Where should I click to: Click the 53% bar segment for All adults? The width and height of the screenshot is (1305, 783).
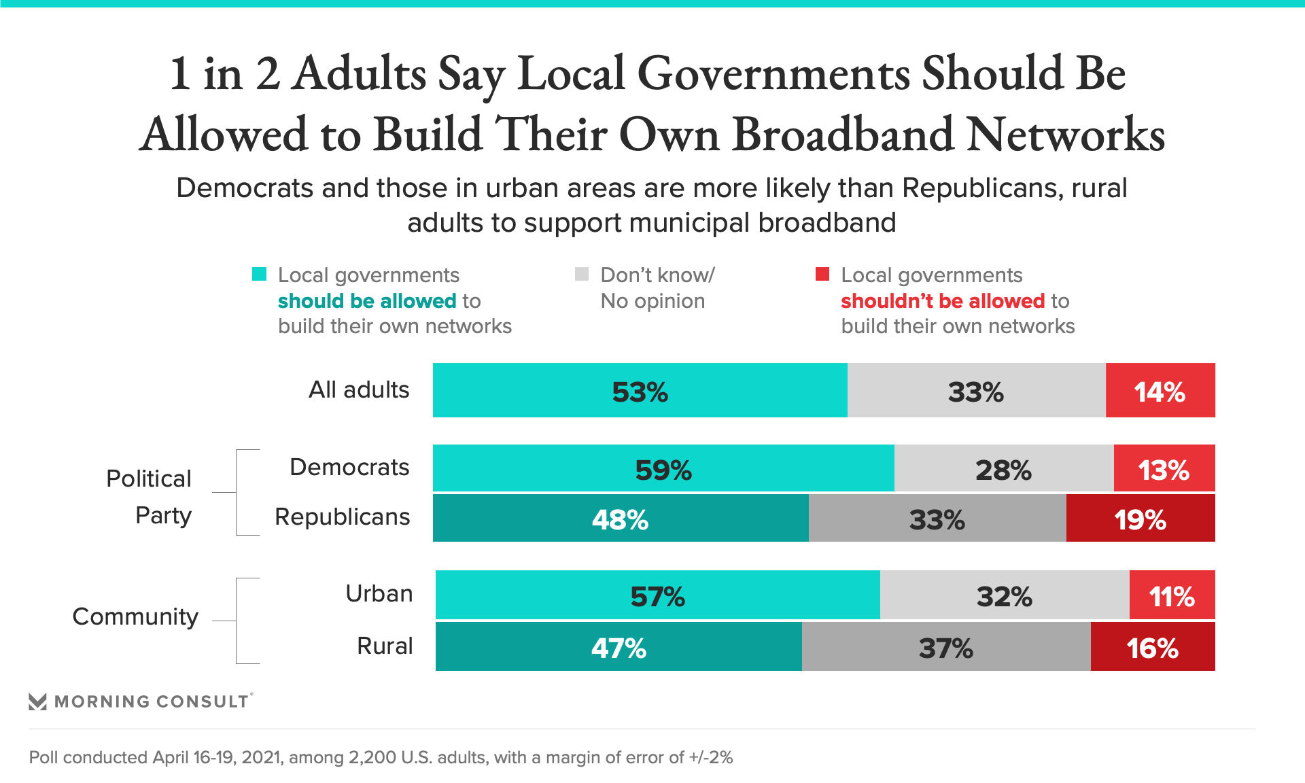[640, 390]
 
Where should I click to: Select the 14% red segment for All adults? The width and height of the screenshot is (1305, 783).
[1160, 390]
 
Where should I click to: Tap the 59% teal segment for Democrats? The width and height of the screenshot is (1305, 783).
[663, 468]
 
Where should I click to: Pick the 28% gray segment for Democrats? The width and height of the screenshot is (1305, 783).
[1003, 468]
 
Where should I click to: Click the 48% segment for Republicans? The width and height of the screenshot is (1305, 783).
[620, 519]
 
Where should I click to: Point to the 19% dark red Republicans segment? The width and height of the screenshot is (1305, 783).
[1140, 519]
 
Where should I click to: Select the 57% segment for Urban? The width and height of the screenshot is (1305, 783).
[657, 595]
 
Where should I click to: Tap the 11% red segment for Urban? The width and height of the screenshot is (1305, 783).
[1172, 595]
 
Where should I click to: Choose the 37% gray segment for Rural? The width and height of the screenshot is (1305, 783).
[945, 647]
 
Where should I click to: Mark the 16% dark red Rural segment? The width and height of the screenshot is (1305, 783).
[1152, 647]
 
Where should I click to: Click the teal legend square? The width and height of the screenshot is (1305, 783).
[259, 274]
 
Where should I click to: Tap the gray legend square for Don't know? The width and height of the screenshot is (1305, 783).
[582, 274]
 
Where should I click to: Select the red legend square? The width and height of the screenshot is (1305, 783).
[822, 274]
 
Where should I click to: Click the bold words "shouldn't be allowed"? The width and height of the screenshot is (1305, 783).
[942, 300]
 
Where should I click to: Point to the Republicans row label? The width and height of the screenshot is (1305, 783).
[342, 517]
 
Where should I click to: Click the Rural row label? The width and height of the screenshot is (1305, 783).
[385, 646]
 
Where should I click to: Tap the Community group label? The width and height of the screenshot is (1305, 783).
[135, 616]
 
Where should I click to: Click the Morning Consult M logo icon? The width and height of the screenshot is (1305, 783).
[38, 701]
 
